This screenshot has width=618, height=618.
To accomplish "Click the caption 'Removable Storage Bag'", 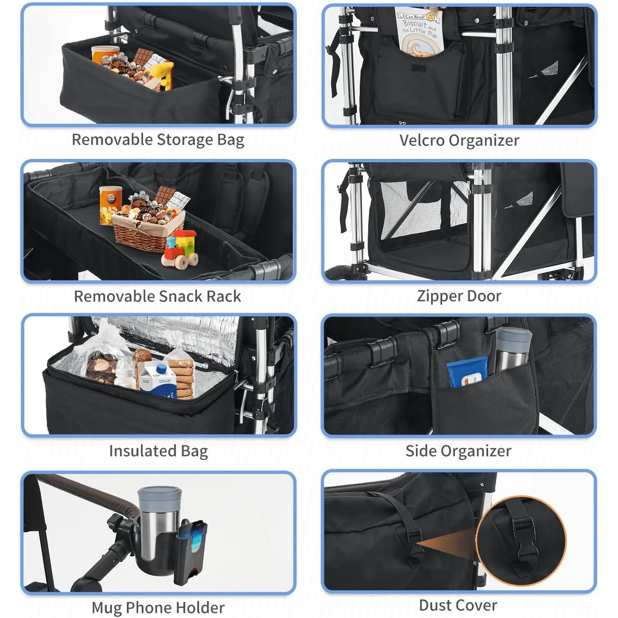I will [158, 140].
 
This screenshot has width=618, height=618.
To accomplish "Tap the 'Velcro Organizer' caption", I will [459, 141].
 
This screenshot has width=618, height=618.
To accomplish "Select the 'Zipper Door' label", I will [459, 296].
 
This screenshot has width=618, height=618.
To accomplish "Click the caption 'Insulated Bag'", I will [158, 451].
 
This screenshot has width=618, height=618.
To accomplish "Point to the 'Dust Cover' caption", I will [458, 605].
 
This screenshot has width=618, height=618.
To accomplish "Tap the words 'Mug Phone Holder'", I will [158, 608].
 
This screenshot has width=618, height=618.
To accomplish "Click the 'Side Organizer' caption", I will [458, 451].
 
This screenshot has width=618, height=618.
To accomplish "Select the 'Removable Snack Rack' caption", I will [157, 296].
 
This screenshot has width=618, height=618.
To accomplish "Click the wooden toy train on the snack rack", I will [180, 248].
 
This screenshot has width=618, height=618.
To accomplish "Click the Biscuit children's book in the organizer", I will [418, 32].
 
